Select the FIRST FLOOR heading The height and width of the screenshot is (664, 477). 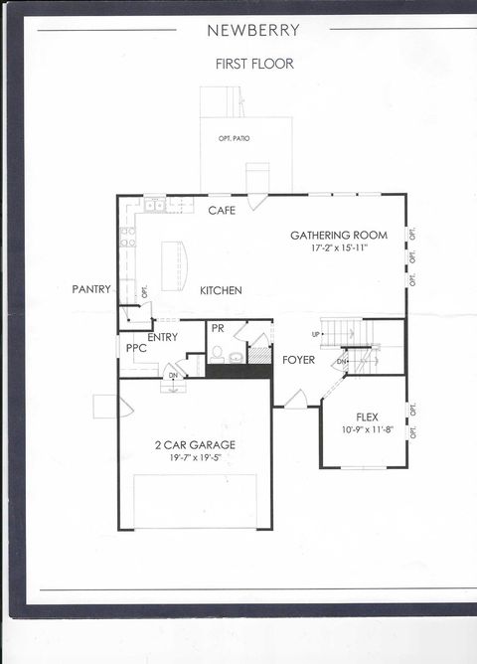[x=254, y=64]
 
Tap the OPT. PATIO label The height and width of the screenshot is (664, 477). [x=234, y=138]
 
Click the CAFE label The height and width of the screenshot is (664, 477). [x=222, y=211]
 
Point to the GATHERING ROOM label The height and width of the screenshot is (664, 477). [x=338, y=236]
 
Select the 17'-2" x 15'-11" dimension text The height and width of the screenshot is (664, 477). [x=338, y=249]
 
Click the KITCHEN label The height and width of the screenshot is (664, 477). [x=221, y=290]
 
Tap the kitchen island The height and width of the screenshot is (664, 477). [x=174, y=266]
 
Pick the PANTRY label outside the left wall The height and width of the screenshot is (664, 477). [x=90, y=289]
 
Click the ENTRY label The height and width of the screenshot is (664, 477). [x=162, y=338]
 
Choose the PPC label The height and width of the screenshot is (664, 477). [x=136, y=349]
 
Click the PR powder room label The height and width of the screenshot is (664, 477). [x=217, y=328]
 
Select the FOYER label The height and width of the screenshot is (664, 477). [x=299, y=359]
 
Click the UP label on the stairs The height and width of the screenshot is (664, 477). [x=317, y=334]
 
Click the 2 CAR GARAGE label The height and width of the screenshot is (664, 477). [x=195, y=445]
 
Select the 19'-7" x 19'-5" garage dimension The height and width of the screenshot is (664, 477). [x=195, y=458]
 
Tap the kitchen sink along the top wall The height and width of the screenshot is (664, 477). [x=155, y=207]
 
